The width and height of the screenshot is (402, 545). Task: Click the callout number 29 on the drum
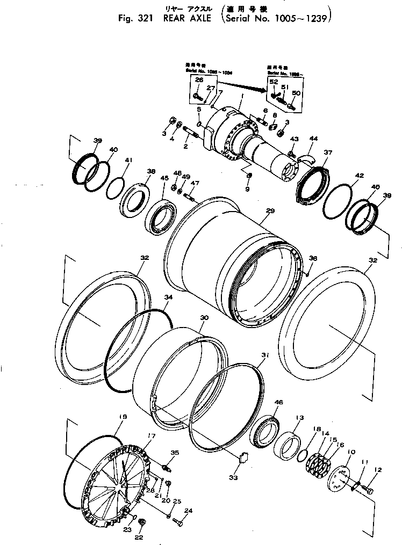pyautogui.click(x=270, y=212)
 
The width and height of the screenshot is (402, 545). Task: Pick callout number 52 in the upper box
pyautogui.click(x=274, y=81)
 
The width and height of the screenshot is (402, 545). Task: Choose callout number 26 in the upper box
pyautogui.click(x=199, y=81)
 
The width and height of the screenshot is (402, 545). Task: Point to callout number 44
pyautogui.click(x=313, y=139)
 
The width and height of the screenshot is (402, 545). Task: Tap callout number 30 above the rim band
pyautogui.click(x=203, y=318)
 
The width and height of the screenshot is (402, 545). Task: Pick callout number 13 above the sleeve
pyautogui.click(x=299, y=417)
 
